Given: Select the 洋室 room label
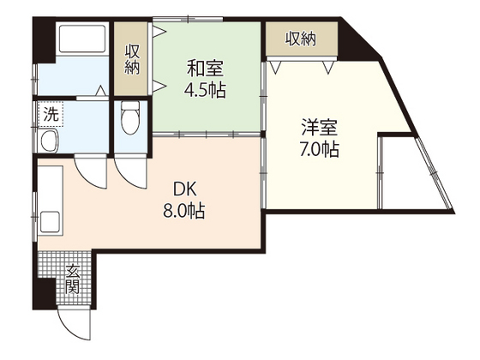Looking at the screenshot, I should (x=318, y=129).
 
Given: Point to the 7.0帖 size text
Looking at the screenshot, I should (x=318, y=149).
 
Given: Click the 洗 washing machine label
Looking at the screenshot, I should (x=51, y=112).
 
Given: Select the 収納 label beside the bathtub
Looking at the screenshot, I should (x=133, y=59).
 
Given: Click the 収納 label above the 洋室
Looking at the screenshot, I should (x=301, y=38).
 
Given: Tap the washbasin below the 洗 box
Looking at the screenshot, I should (x=48, y=142).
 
